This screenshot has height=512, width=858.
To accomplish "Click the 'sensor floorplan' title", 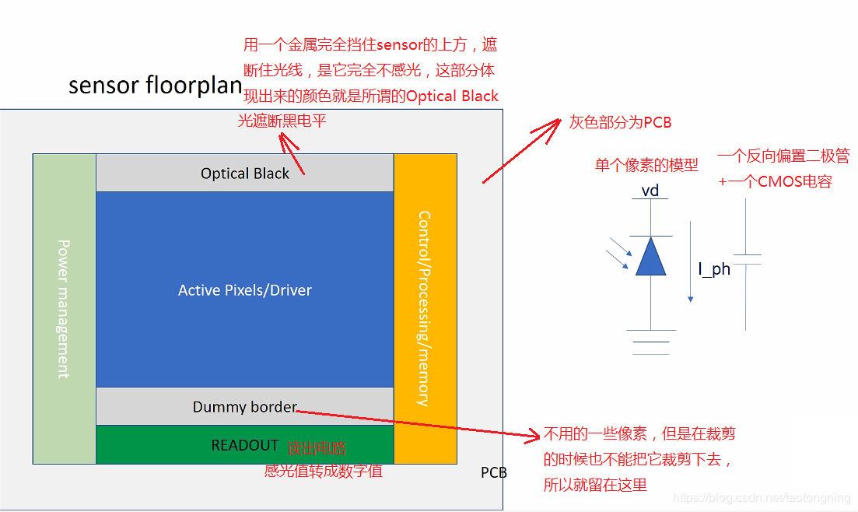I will [x=155, y=85].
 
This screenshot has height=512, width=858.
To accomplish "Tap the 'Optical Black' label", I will [x=245, y=174].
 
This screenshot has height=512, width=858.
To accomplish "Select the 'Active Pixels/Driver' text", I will [x=245, y=290].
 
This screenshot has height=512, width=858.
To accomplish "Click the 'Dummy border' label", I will [x=245, y=407].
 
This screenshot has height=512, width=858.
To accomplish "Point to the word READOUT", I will [x=245, y=445].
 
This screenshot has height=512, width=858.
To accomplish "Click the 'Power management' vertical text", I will [x=64, y=308].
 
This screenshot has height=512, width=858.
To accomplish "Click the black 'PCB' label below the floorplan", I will [x=494, y=472].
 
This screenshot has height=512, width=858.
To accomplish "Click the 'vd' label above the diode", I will [x=650, y=191].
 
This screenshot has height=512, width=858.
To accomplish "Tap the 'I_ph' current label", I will [x=714, y=269].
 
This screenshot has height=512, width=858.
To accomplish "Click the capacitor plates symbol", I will [x=747, y=259].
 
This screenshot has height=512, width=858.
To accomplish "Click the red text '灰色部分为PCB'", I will [x=620, y=122].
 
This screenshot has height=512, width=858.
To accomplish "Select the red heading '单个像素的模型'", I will [x=646, y=164].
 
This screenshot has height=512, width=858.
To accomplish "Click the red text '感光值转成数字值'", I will [x=324, y=470].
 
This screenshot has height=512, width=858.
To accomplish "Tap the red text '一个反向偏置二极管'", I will [x=783, y=156].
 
